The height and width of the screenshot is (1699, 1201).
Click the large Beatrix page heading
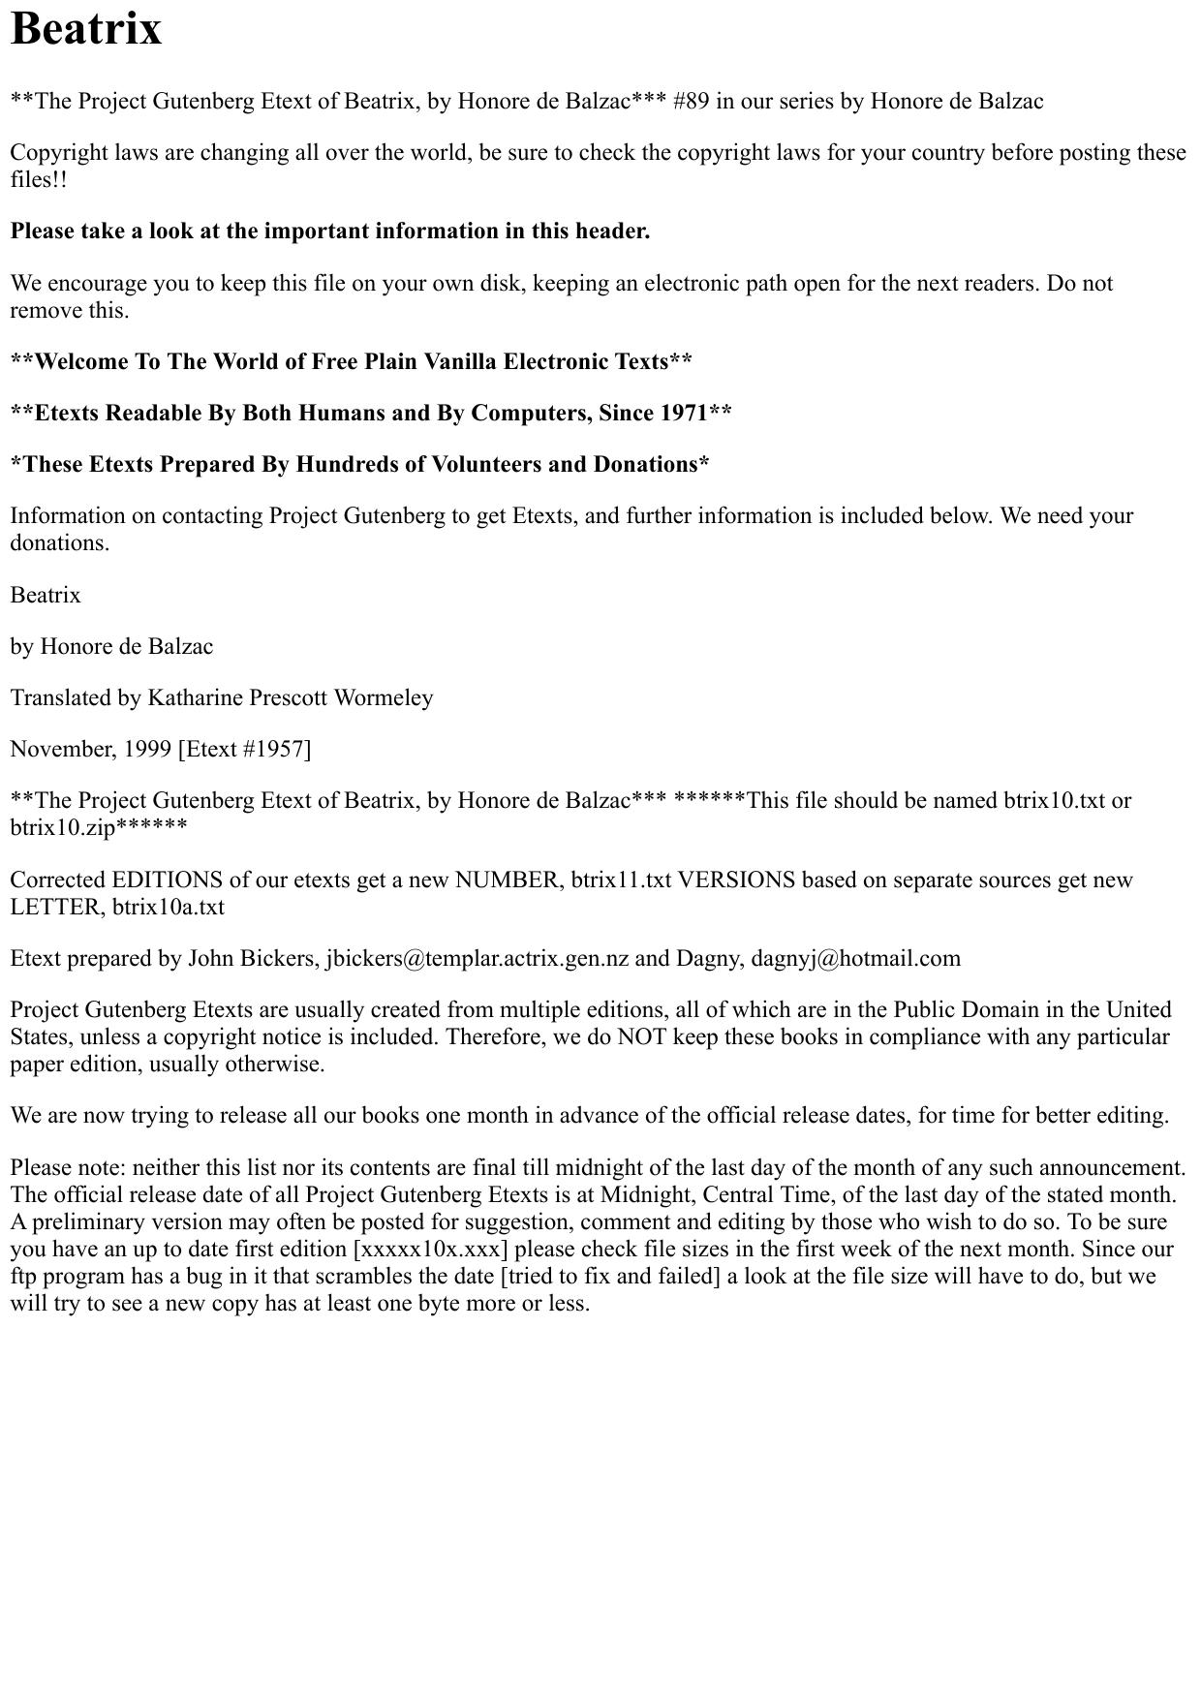86,29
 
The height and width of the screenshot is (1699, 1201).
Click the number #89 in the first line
691,102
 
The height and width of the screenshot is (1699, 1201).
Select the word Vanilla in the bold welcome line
460,362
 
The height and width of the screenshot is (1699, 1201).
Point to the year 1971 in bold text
684,414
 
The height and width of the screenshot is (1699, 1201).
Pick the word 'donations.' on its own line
60,543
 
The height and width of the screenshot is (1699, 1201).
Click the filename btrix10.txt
1054,801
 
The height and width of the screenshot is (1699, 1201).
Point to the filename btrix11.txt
621,880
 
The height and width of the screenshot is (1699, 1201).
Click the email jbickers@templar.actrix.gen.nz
477,959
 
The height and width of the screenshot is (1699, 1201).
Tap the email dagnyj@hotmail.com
855,959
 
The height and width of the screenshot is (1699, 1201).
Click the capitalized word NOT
639,1037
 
